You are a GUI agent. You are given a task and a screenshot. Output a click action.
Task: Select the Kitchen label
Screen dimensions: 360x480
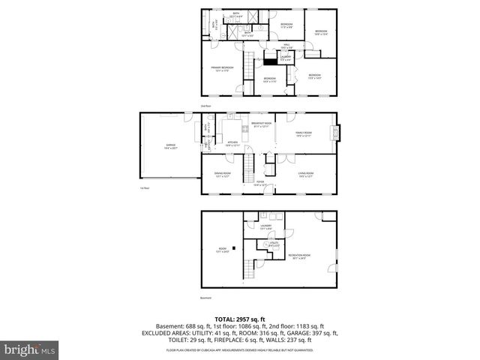pyautogui.click(x=232, y=142)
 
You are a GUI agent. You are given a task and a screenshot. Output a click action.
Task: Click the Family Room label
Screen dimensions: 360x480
pyautogui.click(x=304, y=134)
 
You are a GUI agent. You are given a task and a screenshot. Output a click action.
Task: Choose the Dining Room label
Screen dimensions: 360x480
pyautogui.click(x=222, y=175)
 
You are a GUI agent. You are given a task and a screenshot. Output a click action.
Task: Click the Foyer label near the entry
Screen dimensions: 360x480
pyautogui.click(x=260, y=183)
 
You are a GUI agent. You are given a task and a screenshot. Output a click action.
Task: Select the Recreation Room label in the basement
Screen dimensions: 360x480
pyautogui.click(x=299, y=257)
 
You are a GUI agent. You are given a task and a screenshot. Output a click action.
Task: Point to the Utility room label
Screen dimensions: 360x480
pyautogui.click(x=265, y=244)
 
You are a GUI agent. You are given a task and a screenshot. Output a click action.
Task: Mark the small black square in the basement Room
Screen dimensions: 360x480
pyautogui.click(x=234, y=247)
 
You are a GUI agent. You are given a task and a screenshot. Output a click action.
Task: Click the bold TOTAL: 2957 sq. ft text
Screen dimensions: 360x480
pyautogui.click(x=239, y=319)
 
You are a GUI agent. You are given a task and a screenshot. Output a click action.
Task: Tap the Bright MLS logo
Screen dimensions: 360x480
pyautogui.click(x=30, y=349)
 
